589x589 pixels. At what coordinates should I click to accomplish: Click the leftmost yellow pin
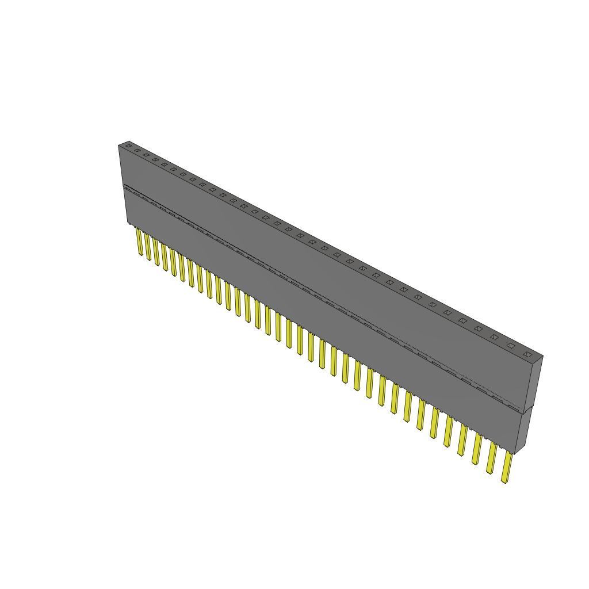[x=139, y=242]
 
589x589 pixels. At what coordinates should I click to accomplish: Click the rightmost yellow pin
[x=507, y=467]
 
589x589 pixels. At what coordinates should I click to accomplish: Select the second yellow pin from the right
[x=492, y=458]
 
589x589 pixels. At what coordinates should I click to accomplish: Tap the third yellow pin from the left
[x=156, y=252]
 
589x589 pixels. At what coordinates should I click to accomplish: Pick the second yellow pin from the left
[x=148, y=247]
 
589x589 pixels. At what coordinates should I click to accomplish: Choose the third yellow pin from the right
[x=477, y=449]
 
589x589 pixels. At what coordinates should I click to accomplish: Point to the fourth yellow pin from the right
[x=462, y=441]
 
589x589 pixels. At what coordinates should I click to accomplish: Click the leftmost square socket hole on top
[x=128, y=146]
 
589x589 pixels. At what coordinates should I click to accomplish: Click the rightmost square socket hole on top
[x=527, y=354]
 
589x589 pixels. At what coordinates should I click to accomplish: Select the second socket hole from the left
[x=137, y=150]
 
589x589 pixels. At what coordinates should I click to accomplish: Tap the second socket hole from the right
[x=511, y=345]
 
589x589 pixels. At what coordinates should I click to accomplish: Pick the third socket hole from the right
[x=494, y=336]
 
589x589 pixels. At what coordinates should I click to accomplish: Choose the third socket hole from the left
[x=146, y=155]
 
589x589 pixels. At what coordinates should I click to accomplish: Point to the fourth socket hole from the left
[x=155, y=159]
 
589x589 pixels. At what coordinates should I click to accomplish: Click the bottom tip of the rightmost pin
[x=504, y=481]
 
